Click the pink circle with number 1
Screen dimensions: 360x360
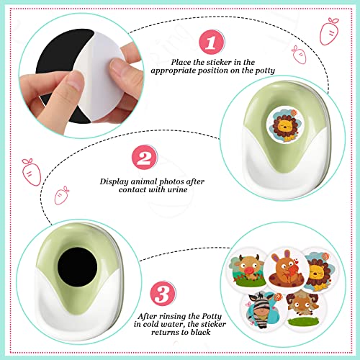(211, 44)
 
